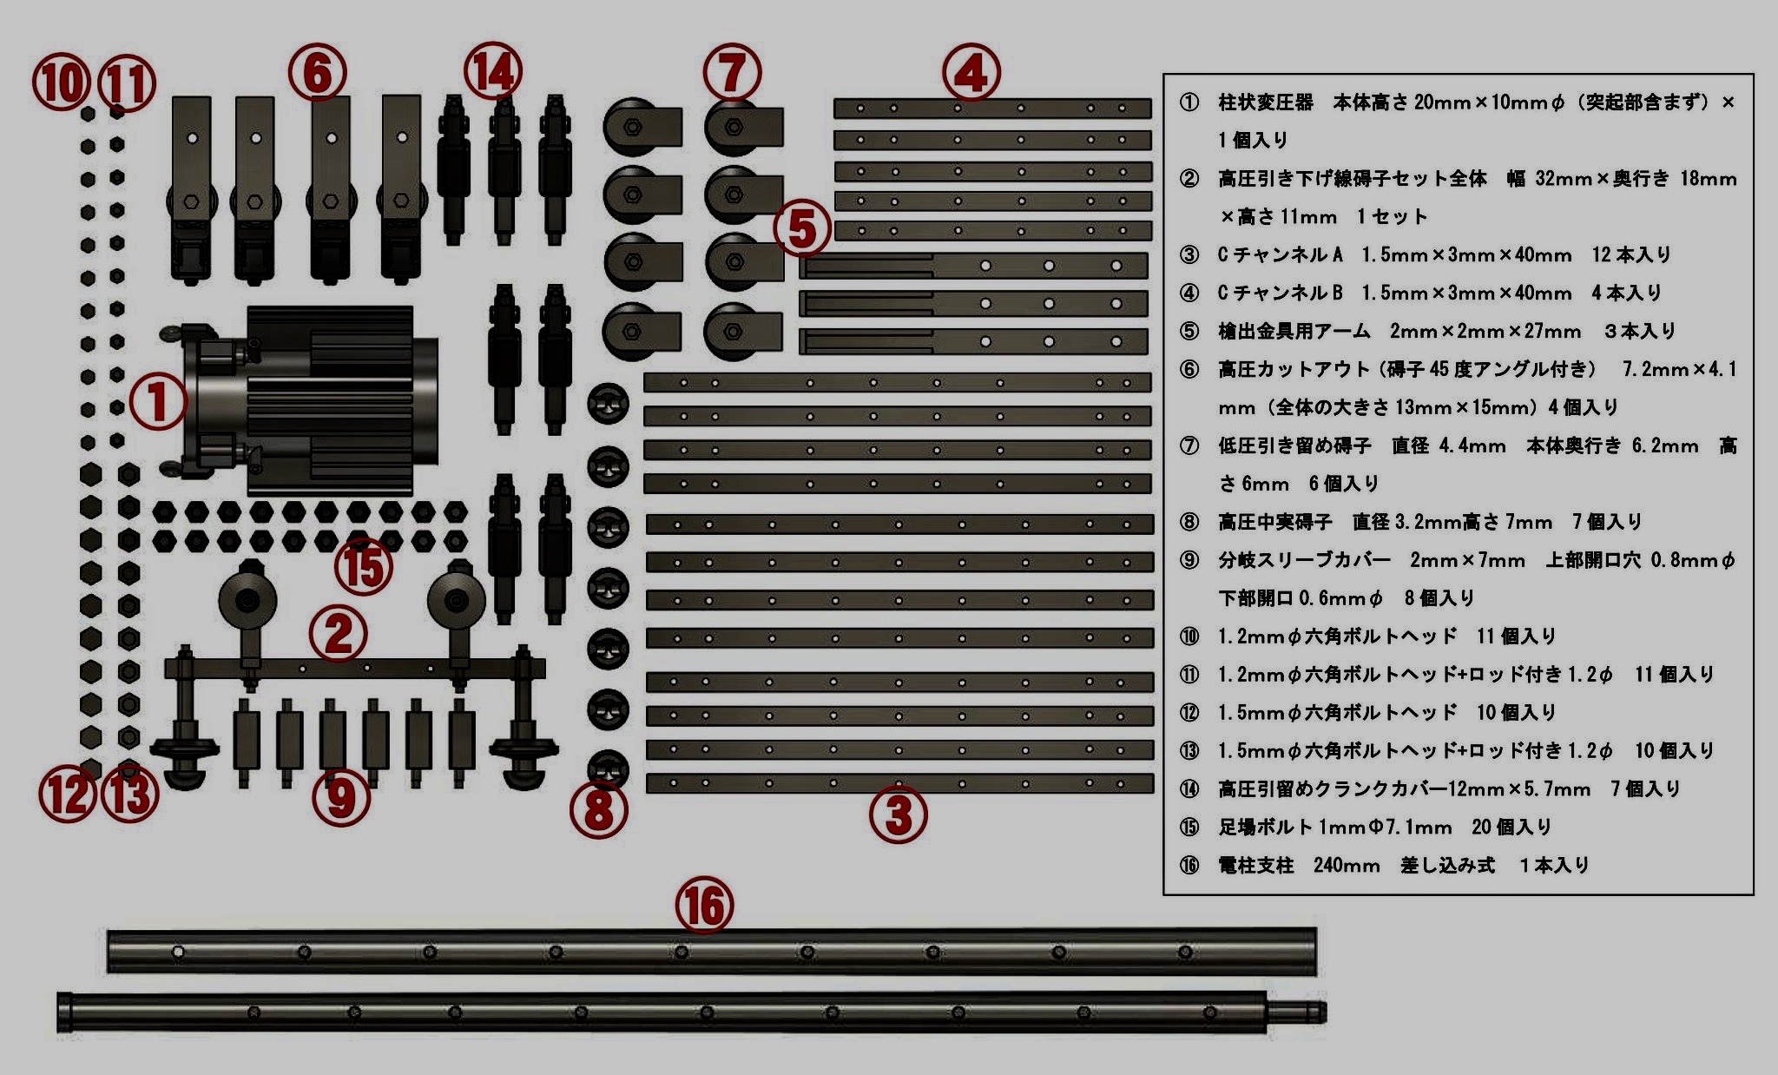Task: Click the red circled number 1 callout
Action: tap(158, 402)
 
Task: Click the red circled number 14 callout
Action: tap(493, 71)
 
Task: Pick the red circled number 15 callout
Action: tap(364, 568)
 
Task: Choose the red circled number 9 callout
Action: tap(341, 798)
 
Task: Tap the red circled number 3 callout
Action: tap(899, 814)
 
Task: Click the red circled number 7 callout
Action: tap(732, 72)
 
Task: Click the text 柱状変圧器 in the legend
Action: tap(1266, 102)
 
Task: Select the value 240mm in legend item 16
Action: tap(1347, 865)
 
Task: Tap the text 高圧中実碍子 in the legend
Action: tap(1274, 522)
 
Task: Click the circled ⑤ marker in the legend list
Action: tap(1189, 331)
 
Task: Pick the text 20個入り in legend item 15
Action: tap(1511, 827)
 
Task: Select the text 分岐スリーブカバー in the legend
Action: tap(1304, 560)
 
